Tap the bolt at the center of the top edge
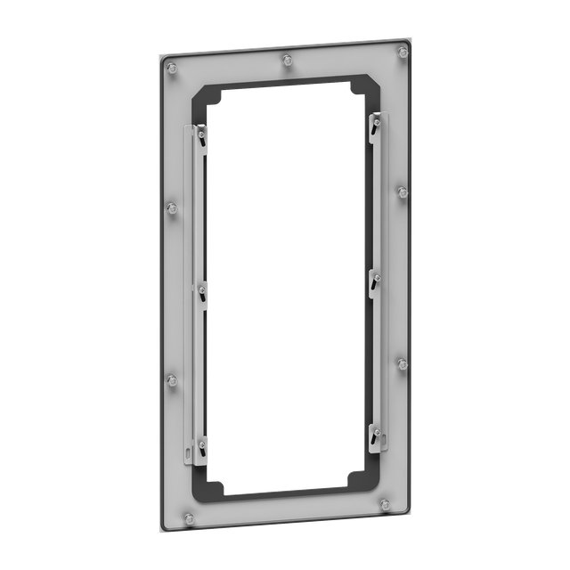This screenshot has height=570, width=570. [x=286, y=61]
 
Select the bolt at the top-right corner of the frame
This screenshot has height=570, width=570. [x=403, y=53]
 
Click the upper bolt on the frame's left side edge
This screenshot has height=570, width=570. [x=173, y=208]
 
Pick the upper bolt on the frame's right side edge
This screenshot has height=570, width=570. [x=403, y=191]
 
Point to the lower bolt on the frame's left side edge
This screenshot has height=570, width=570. [x=173, y=381]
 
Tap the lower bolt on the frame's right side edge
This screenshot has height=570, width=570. [x=402, y=363]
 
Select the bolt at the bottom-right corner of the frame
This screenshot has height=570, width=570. [x=385, y=504]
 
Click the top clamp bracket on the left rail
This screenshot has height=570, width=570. [x=203, y=135]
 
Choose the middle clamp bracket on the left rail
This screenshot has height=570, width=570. [x=202, y=292]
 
